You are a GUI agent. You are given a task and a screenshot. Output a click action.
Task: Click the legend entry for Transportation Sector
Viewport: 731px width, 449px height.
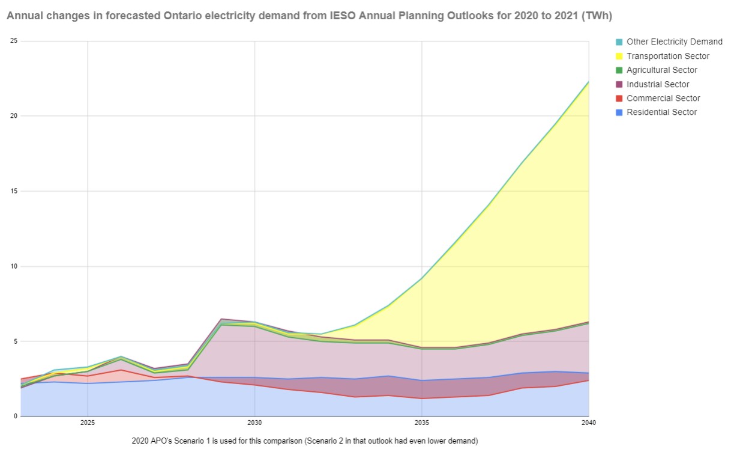coord(668,56)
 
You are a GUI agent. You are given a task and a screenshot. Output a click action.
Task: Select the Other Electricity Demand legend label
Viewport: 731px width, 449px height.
coord(675,42)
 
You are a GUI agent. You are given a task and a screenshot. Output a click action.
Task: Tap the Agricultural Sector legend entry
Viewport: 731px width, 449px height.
coord(662,70)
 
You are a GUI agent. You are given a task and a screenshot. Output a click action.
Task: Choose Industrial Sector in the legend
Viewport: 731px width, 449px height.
coord(658,84)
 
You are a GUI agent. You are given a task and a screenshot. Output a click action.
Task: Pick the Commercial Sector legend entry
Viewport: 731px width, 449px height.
coord(663,98)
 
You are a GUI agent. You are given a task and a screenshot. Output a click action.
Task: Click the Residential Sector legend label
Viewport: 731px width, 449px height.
coord(661,112)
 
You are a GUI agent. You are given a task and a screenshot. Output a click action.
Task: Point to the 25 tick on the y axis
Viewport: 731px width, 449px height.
coord(14,41)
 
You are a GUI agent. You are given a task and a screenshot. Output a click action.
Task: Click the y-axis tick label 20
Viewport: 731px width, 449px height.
coord(14,116)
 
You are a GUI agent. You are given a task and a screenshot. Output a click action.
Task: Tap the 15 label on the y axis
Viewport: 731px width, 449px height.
coord(14,191)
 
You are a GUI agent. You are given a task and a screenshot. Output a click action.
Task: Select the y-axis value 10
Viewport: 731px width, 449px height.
coord(14,266)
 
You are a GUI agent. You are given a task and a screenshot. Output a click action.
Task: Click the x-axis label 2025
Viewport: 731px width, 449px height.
coord(88,423)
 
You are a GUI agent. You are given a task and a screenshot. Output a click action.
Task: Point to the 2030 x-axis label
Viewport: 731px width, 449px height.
coord(254,423)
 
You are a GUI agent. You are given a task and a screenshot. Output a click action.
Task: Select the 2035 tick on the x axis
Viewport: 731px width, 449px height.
coord(422,423)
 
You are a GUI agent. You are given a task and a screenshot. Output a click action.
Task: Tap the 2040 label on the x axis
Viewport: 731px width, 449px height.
coord(589,423)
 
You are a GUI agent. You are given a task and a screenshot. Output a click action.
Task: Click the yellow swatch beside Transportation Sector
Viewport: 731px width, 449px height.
coord(619,57)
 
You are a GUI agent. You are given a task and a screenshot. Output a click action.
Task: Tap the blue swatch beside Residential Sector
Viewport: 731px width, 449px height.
coord(619,112)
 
